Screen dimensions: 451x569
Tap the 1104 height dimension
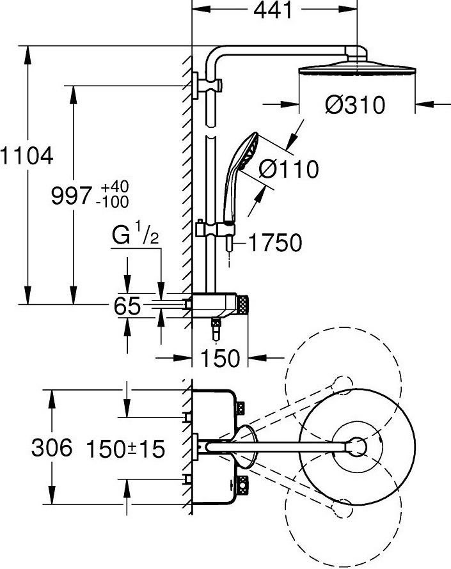[x=26, y=156]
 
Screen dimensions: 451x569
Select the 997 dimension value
[x=70, y=196]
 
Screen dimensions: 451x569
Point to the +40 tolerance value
[x=115, y=187]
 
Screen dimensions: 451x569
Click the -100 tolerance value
[x=112, y=202]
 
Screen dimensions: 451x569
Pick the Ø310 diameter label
[x=355, y=105]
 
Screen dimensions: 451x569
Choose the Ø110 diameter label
[x=289, y=169]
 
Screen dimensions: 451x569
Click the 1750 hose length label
[x=275, y=242]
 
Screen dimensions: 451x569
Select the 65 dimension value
[x=127, y=306]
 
